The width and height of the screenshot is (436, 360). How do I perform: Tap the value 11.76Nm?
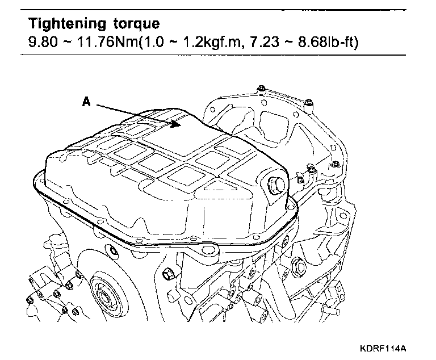click(x=101, y=43)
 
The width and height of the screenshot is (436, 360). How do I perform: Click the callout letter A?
click(x=86, y=102)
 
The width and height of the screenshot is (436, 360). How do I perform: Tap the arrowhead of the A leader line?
click(x=181, y=123)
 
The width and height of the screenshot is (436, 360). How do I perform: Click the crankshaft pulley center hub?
click(x=106, y=295)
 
